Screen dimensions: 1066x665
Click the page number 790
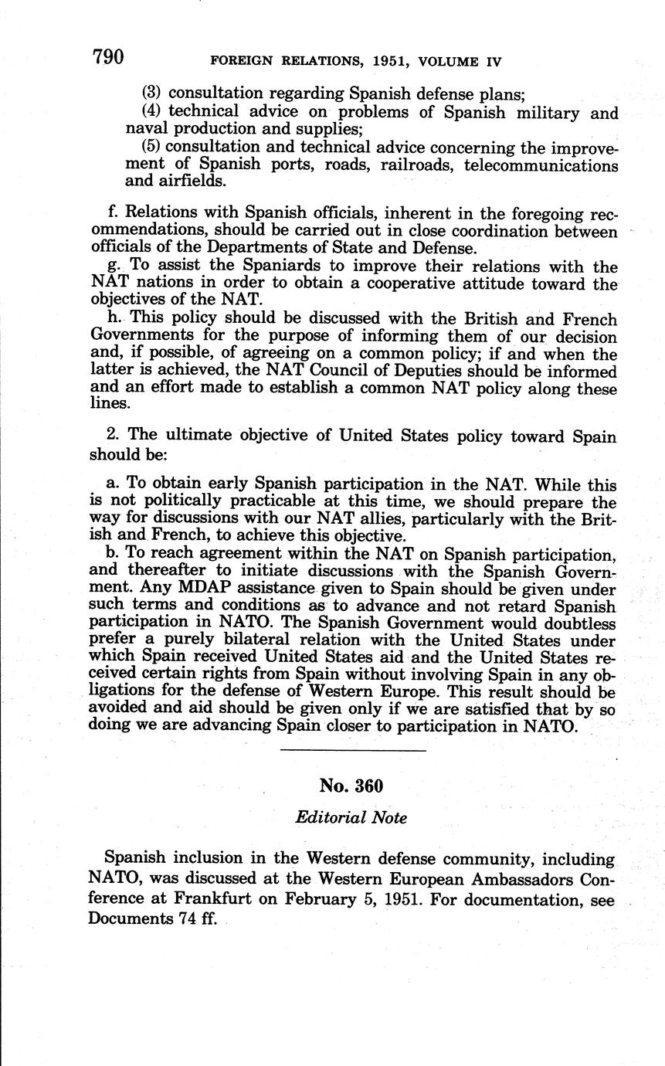point(107,57)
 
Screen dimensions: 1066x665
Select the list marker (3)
point(153,95)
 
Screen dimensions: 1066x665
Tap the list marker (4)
point(153,113)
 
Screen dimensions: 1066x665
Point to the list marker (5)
point(152,148)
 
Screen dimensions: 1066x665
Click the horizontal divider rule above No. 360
point(352,751)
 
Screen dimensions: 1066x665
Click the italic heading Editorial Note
point(351,817)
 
